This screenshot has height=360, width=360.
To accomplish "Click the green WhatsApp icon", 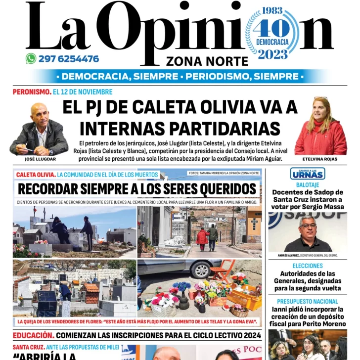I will point(31,59).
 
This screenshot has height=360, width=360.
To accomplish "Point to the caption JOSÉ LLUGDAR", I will point(40,159).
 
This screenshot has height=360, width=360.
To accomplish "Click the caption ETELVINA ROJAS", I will point(320,159).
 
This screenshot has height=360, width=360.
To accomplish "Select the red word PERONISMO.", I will point(32,91).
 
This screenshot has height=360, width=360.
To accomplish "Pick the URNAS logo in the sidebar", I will point(307,174).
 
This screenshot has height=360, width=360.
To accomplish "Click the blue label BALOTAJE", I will point(307,183).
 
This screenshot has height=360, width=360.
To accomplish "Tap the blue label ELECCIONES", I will point(307,266).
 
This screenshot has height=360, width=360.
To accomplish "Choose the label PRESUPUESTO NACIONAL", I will point(307,301).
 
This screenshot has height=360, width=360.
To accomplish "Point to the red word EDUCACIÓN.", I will point(33,336).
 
